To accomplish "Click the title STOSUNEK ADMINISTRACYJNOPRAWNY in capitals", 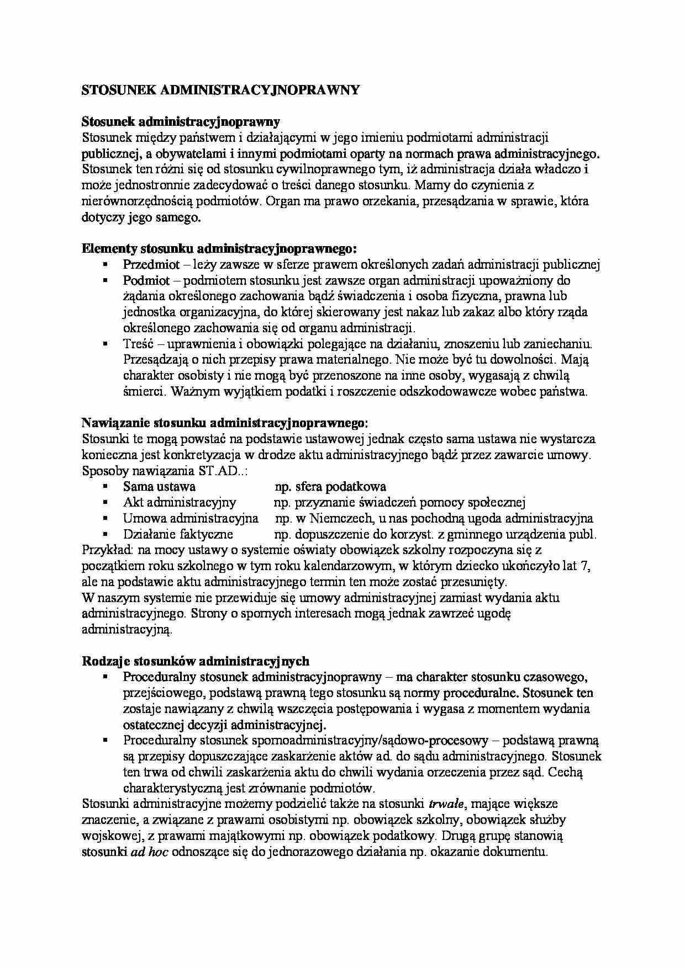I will click(x=220, y=91).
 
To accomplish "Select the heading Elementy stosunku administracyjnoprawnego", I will click(x=219, y=248).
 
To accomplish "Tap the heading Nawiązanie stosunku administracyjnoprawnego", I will click(x=224, y=423).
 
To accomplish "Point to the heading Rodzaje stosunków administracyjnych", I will click(x=196, y=661).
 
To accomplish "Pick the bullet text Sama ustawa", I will click(x=159, y=487).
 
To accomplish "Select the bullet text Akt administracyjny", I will click(x=180, y=502).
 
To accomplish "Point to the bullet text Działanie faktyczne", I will click(x=178, y=534).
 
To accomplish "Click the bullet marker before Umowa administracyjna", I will click(x=104, y=518).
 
